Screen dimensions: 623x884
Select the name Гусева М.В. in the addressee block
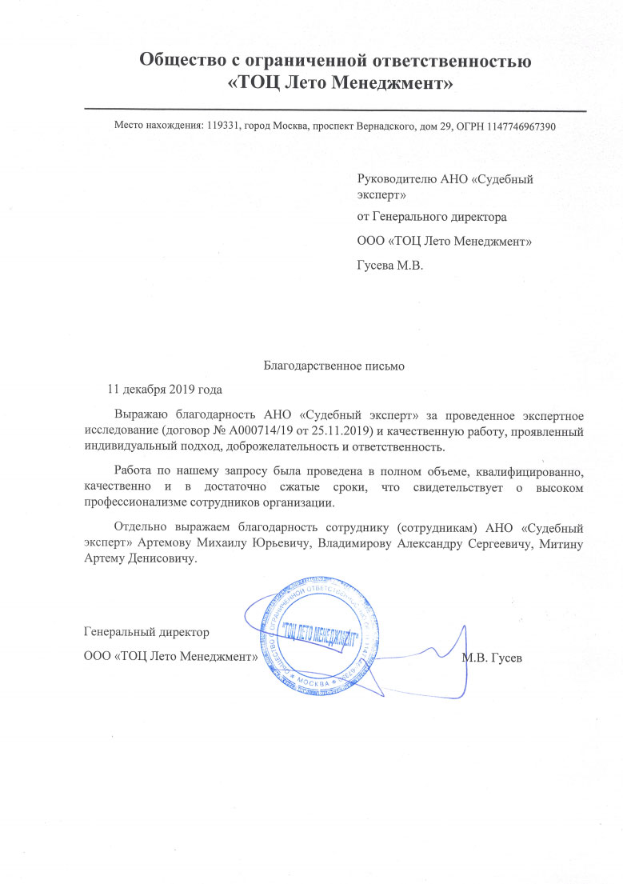click(389, 263)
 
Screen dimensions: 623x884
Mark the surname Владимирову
click(351, 544)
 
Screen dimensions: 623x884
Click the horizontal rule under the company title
click(335, 110)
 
